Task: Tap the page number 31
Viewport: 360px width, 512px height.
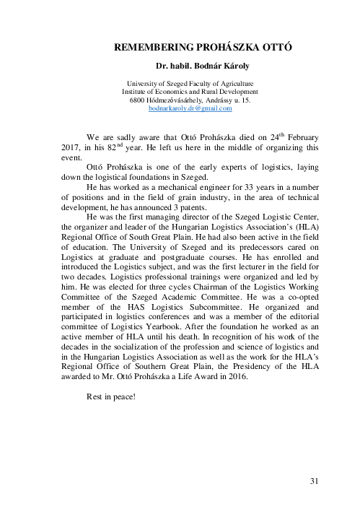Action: [x=314, y=481]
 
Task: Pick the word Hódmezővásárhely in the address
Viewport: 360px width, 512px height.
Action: [x=173, y=100]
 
